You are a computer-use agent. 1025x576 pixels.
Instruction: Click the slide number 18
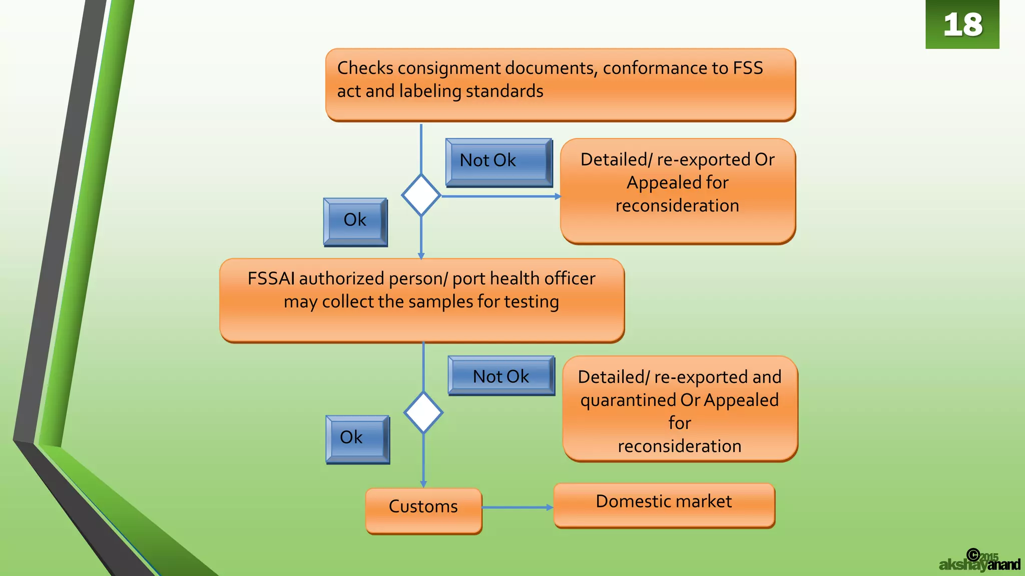(962, 24)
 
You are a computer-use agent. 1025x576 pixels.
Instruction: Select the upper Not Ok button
(498, 161)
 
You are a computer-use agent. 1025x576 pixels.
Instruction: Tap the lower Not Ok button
(501, 376)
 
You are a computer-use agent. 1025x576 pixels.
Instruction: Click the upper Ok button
(355, 220)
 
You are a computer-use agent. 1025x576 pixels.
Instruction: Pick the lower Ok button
(357, 438)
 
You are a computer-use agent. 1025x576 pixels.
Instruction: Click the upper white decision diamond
(421, 195)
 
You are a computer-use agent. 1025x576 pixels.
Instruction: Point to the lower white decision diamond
(423, 412)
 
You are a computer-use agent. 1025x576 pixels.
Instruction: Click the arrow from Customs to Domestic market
(518, 507)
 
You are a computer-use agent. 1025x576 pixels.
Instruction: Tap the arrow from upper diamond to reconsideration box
(500, 196)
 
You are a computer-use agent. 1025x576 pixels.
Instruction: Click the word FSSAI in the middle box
(271, 278)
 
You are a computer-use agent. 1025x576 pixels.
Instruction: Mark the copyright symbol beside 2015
(973, 554)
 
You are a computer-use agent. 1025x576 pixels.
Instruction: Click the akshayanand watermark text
(979, 565)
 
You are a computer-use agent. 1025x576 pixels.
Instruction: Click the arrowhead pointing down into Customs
(423, 484)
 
